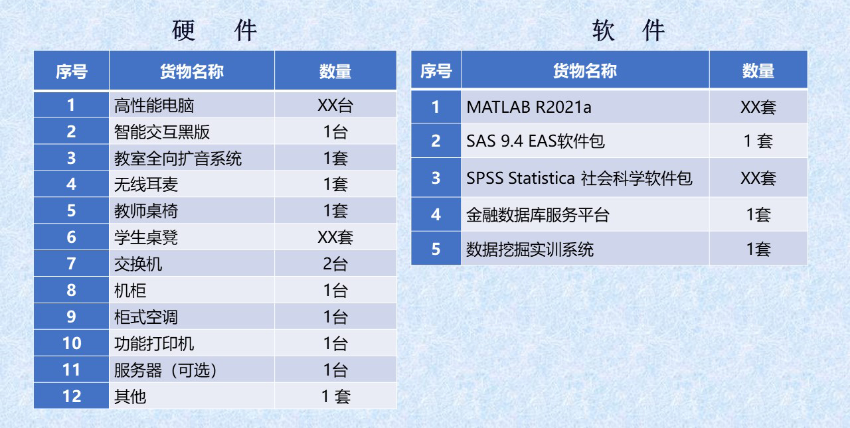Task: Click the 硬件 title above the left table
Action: pos(214,31)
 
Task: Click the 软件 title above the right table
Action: pos(628,31)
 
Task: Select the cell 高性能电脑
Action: pos(154,106)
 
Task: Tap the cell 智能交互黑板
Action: pos(162,132)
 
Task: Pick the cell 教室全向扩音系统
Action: pos(178,158)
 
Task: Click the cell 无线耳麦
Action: pos(146,184)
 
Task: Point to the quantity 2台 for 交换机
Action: pos(335,264)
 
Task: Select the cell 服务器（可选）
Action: pos(165,370)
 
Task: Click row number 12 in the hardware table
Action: pos(71,396)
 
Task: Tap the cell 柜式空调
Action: pos(146,317)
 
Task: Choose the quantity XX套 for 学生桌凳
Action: pos(335,238)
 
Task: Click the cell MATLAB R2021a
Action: pos(529,107)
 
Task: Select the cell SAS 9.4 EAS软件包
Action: pos(535,141)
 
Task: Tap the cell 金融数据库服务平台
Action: pos(538,215)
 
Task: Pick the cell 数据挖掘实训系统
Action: pos(530,250)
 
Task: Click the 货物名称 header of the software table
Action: pos(585,71)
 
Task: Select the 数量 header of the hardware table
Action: pos(335,71)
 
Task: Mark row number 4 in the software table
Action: pos(436,214)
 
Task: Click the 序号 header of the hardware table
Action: pos(71,71)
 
